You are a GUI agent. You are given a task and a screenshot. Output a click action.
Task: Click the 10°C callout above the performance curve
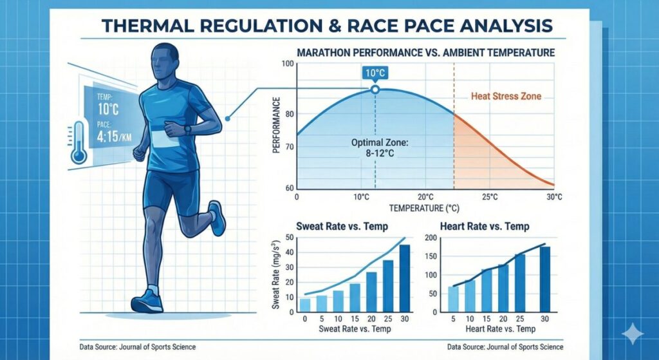point(375,73)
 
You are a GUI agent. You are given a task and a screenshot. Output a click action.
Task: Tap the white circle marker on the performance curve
point(375,90)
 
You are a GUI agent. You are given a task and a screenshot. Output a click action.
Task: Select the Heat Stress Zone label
point(506,97)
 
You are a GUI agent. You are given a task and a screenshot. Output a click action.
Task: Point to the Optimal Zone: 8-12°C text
point(379,148)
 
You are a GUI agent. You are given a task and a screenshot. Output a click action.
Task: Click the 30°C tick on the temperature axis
point(554,197)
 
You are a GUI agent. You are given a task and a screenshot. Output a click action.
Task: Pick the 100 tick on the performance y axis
point(288,64)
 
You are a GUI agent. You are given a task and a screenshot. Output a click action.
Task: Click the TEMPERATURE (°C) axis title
point(424,208)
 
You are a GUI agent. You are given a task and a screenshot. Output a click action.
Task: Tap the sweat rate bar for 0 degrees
point(305,305)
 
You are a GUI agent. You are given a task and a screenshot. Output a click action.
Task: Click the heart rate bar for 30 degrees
point(544,279)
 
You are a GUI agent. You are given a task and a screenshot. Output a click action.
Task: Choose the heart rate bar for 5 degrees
point(454,299)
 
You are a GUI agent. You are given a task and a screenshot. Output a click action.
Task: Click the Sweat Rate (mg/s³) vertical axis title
point(276,274)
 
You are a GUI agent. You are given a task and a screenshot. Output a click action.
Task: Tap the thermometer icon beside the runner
point(79,143)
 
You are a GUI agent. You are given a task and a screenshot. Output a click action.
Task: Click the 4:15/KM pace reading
point(114,137)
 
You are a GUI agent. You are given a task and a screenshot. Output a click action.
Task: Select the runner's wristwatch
point(187,129)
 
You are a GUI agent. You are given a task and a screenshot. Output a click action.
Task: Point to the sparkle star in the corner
point(633,334)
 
